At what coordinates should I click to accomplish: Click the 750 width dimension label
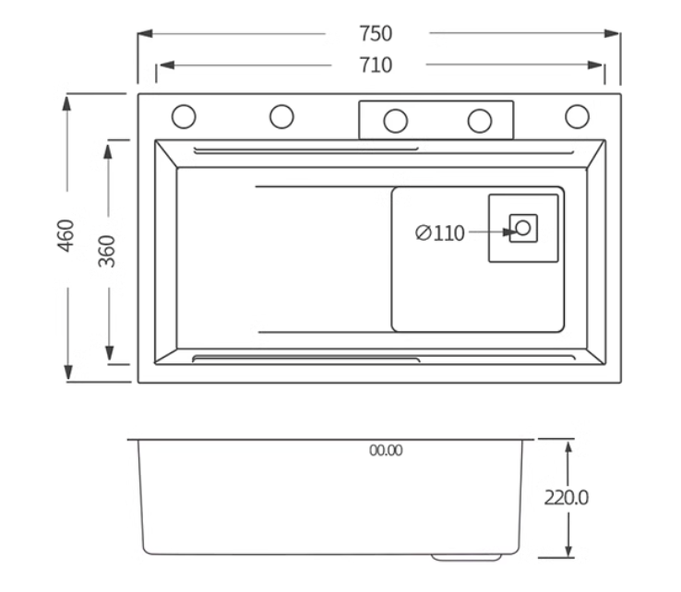376,33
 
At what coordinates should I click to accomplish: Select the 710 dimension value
376,65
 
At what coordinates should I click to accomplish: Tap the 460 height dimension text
66,236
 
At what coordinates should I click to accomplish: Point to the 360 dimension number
107,252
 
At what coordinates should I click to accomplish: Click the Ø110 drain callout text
440,233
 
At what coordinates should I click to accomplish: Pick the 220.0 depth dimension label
567,498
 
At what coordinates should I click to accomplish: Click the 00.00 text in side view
386,451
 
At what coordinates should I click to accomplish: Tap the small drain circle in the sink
523,228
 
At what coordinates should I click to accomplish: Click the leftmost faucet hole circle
184,116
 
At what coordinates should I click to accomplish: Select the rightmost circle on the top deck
578,116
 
